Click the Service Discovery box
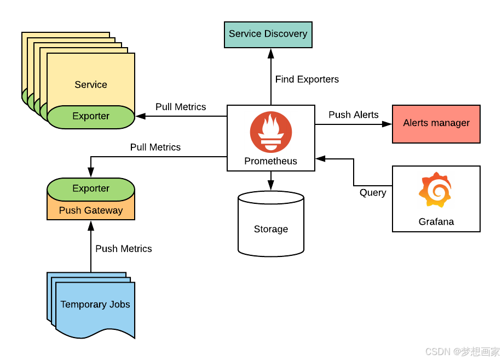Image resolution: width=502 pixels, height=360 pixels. click(x=268, y=34)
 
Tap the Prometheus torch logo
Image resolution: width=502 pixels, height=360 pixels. click(x=270, y=132)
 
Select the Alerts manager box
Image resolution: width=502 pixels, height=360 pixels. click(x=436, y=123)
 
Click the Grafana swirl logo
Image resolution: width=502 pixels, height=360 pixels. click(x=436, y=190)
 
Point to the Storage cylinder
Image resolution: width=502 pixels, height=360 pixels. click(x=270, y=228)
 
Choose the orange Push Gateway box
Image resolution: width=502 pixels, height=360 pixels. click(x=91, y=210)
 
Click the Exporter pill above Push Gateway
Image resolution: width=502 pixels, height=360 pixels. click(x=91, y=188)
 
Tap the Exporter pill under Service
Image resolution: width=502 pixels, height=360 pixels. click(x=91, y=116)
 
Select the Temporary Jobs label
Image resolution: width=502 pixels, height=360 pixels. click(x=95, y=305)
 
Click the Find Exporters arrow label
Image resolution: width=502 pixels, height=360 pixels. click(x=307, y=79)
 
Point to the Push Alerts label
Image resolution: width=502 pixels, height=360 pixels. click(x=353, y=115)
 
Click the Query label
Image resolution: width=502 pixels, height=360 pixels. click(x=372, y=193)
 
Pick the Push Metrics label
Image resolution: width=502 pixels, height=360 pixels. click(x=123, y=249)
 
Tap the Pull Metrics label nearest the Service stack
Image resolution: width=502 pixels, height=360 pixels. click(x=181, y=107)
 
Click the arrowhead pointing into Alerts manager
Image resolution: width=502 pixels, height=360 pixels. click(x=388, y=124)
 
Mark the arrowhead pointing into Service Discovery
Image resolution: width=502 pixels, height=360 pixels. click(x=270, y=53)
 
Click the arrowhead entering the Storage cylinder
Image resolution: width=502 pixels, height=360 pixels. click(x=270, y=187)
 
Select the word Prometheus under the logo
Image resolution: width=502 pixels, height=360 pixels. click(x=270, y=161)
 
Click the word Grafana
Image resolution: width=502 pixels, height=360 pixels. click(x=436, y=222)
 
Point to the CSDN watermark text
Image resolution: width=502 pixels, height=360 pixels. click(x=462, y=351)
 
